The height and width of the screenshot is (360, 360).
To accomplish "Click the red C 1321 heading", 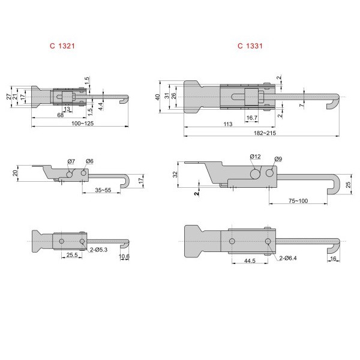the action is point(62,46).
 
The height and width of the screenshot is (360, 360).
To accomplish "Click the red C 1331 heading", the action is point(250,46).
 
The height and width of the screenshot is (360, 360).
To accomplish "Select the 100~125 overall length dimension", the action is point(83,123).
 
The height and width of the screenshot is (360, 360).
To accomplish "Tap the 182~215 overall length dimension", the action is point(265,133).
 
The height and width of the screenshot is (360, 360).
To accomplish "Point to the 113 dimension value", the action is point(228,124).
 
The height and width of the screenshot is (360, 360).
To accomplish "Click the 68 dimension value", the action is point(61,115).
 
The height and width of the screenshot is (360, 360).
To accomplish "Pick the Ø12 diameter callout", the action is point(256,157).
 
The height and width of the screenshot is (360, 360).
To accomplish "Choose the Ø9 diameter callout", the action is point(278,159).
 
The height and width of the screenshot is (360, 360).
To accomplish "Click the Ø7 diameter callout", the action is point(71,161).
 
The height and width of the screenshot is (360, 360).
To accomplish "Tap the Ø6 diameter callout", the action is point(89,161).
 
